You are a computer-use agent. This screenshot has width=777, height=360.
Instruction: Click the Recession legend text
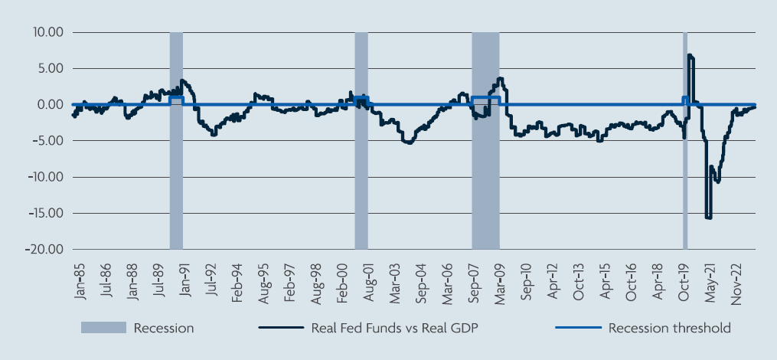click(x=163, y=329)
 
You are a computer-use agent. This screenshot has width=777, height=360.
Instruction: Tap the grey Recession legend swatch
click(x=103, y=329)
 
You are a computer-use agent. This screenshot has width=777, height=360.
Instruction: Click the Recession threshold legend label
click(x=669, y=329)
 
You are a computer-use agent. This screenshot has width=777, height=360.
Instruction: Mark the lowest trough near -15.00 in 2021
click(x=708, y=218)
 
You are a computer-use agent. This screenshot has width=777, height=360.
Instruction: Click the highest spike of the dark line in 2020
click(x=690, y=55)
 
